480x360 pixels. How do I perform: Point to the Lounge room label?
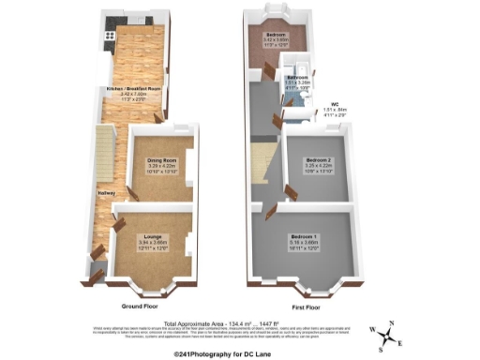(x=154, y=235)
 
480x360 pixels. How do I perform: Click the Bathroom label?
(x=297, y=77)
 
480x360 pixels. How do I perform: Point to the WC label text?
(x=334, y=104)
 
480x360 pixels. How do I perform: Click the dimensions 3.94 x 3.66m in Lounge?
(x=154, y=242)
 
